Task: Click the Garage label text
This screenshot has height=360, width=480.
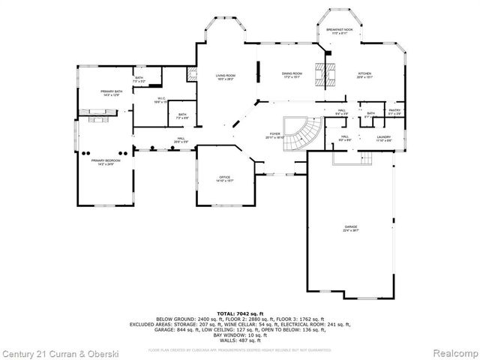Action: tap(350, 228)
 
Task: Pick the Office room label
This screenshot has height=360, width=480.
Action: tap(224, 178)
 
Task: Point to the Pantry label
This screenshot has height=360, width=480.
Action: tap(394, 112)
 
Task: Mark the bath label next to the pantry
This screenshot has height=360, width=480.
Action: tap(370, 115)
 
